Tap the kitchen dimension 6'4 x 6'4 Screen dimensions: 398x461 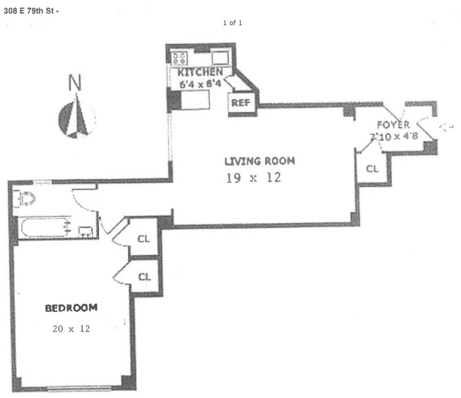201,85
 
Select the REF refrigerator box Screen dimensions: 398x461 241,103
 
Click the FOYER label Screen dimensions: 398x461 393,125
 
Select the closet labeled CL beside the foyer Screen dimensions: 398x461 372,169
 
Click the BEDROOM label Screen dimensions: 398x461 71,308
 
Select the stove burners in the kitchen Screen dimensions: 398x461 180,57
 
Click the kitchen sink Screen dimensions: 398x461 220,57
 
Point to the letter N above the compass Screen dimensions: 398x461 76,84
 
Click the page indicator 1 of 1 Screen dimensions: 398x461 233,23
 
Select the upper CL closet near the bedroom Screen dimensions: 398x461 143,238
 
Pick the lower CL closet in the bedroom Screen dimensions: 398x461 143,276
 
